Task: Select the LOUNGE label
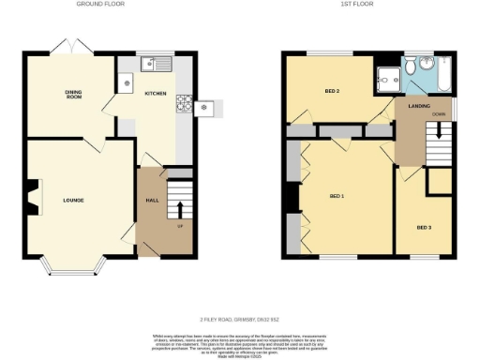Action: pyautogui.click(x=74, y=200)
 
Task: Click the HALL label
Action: pyautogui.click(x=152, y=201)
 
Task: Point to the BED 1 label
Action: pyautogui.click(x=337, y=196)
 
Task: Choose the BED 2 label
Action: pyautogui.click(x=331, y=91)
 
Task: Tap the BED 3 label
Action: pyautogui.click(x=424, y=227)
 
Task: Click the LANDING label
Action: pyautogui.click(x=419, y=106)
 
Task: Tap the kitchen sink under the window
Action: pyautogui.click(x=155, y=65)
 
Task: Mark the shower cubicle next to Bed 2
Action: pyautogui.click(x=384, y=80)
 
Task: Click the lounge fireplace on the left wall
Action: pyautogui.click(x=32, y=198)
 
